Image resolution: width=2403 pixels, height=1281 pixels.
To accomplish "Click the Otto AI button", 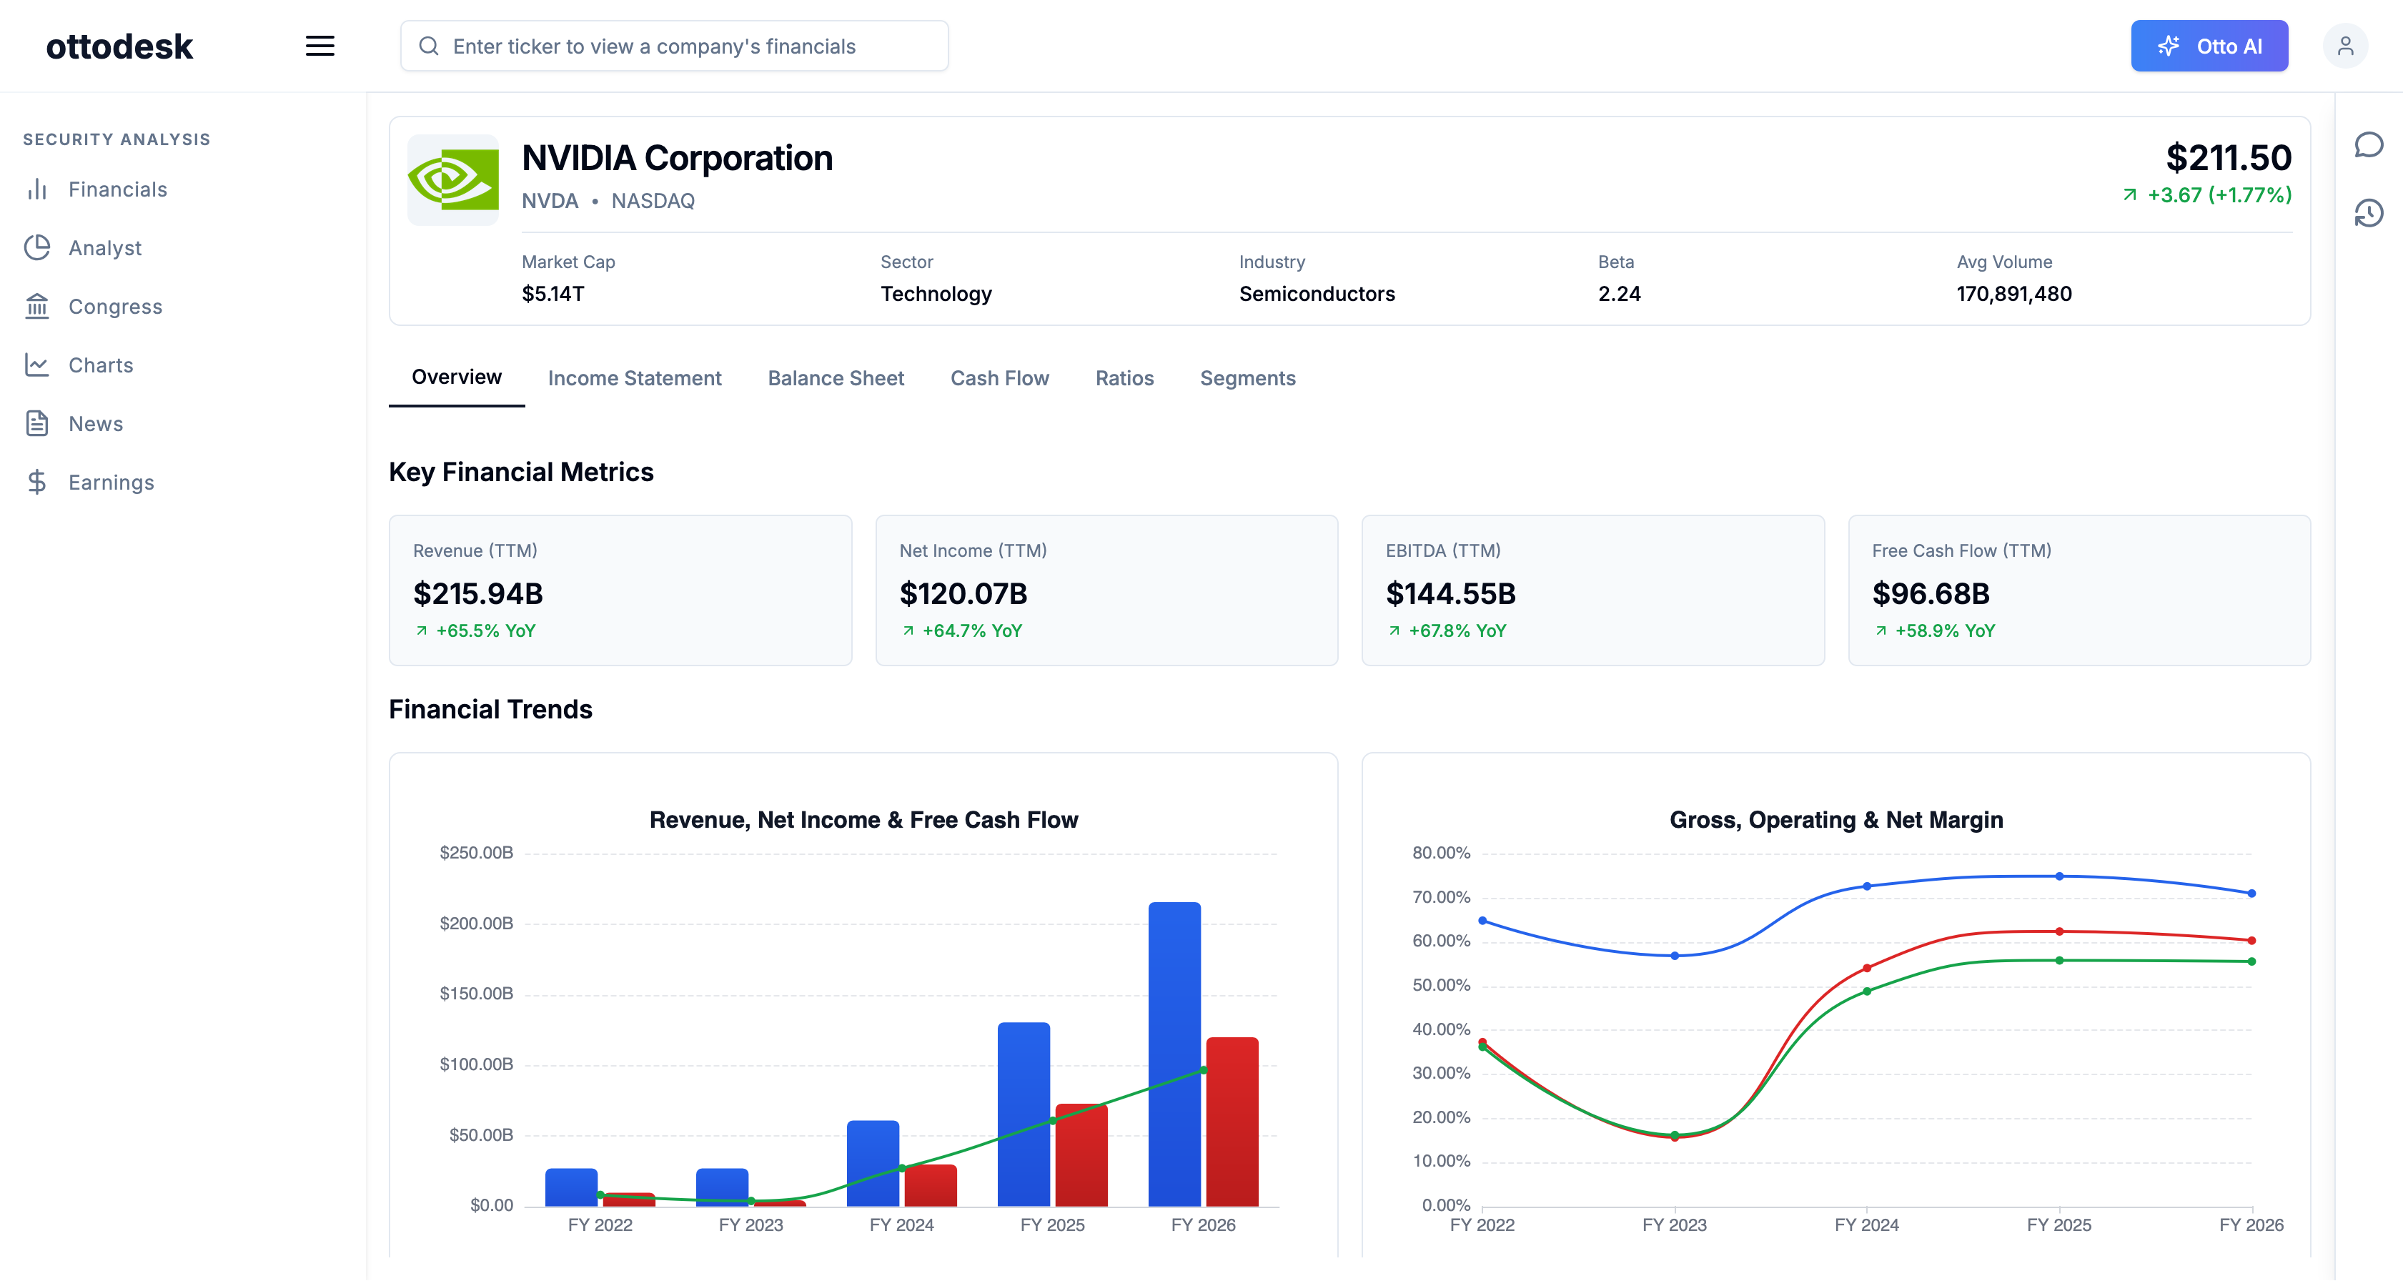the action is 2209,46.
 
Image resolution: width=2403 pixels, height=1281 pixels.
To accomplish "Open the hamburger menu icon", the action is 320,46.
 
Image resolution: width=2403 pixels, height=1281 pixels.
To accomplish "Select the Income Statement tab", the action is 634,378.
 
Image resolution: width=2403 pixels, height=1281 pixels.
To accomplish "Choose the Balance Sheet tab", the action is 836,378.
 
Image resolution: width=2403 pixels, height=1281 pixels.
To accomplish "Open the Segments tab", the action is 1248,378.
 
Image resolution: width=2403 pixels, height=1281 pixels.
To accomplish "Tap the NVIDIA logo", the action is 453,179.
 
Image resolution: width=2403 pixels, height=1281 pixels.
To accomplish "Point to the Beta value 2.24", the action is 1620,294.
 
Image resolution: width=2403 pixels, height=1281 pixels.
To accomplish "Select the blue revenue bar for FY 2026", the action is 1174,1054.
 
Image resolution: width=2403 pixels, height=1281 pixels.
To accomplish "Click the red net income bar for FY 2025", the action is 1081,1155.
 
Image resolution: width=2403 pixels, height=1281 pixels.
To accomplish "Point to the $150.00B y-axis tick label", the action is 476,994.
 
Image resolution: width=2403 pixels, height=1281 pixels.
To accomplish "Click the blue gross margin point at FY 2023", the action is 1675,955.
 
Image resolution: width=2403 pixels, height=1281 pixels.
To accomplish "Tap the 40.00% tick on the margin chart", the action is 1441,1029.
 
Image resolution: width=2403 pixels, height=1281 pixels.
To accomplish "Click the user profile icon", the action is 2345,46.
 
